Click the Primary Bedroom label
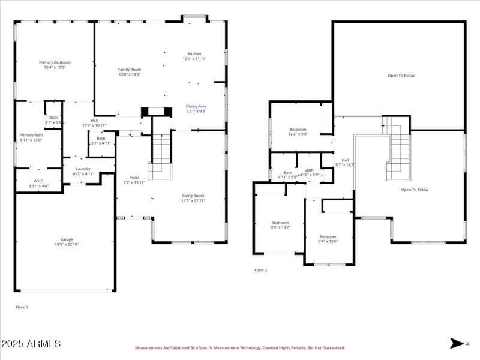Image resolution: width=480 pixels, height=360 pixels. (x=55, y=62)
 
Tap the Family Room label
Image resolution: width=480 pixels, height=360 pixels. (x=129, y=70)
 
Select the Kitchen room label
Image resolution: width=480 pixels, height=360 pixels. (x=194, y=53)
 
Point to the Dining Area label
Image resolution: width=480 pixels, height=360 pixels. (x=196, y=106)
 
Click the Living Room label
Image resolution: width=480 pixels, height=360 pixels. (x=193, y=196)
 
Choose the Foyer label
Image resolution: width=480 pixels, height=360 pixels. (x=134, y=178)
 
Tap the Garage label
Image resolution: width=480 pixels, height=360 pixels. (x=66, y=239)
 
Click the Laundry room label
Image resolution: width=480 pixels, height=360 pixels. (x=83, y=169)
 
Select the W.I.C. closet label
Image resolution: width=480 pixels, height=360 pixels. (x=38, y=181)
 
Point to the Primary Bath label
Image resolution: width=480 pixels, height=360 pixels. (x=31, y=135)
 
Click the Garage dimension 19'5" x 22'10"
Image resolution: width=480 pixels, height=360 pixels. (x=66, y=244)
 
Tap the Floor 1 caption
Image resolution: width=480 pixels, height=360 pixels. (x=22, y=307)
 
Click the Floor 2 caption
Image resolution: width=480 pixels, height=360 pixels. (x=260, y=270)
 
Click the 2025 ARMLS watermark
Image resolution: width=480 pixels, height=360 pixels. (x=31, y=344)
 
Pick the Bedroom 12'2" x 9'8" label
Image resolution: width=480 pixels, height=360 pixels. (x=298, y=130)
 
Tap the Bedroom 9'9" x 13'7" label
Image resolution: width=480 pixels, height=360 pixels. (x=280, y=223)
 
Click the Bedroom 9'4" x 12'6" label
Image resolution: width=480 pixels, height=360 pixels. (x=328, y=236)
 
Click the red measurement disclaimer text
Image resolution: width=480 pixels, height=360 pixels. (x=240, y=347)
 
